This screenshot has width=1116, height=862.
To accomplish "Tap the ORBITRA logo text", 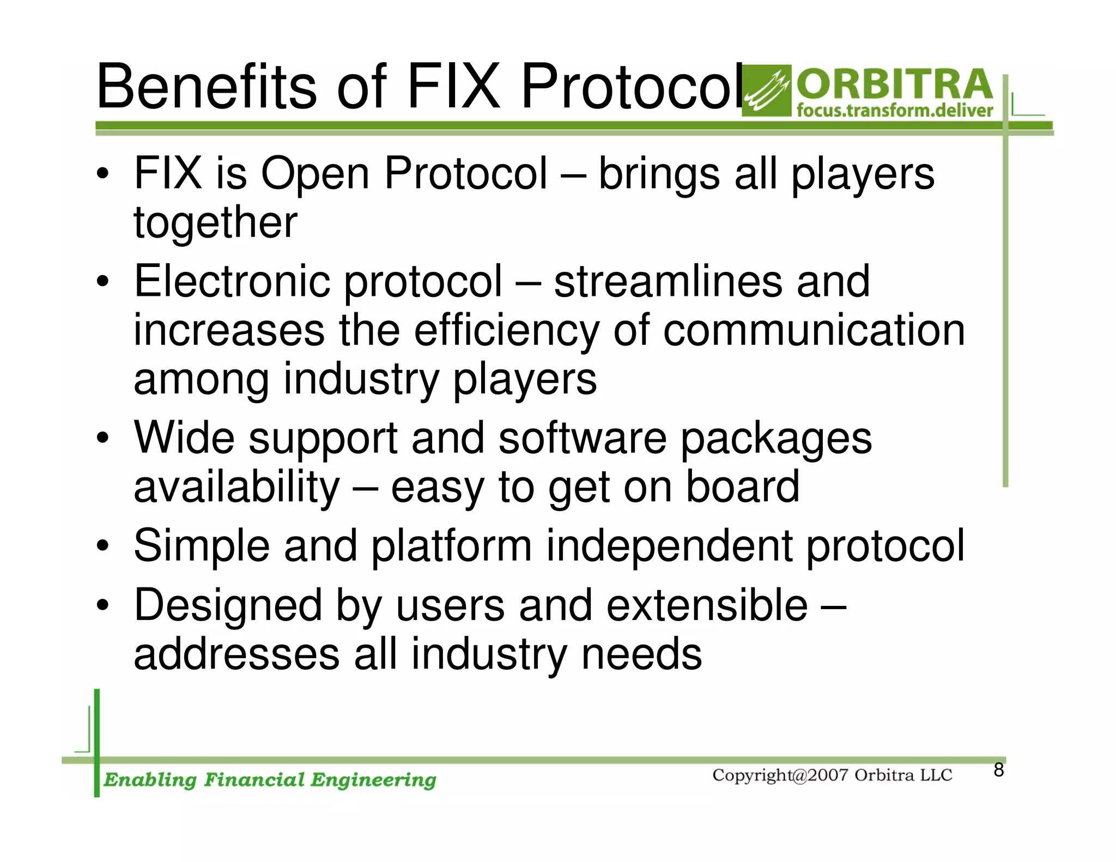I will pyautogui.click(x=895, y=84).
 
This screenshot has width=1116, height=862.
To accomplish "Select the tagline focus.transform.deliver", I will pyautogui.click(x=895, y=111).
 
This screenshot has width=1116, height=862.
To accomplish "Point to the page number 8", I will pyautogui.click(x=998, y=770).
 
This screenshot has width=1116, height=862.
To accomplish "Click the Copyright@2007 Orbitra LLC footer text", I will pyautogui.click(x=832, y=775).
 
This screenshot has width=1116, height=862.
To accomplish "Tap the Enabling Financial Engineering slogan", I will pyautogui.click(x=270, y=780).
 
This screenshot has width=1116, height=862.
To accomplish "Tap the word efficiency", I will pyautogui.click(x=507, y=331).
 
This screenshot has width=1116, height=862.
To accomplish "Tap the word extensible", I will pyautogui.click(x=707, y=605).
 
